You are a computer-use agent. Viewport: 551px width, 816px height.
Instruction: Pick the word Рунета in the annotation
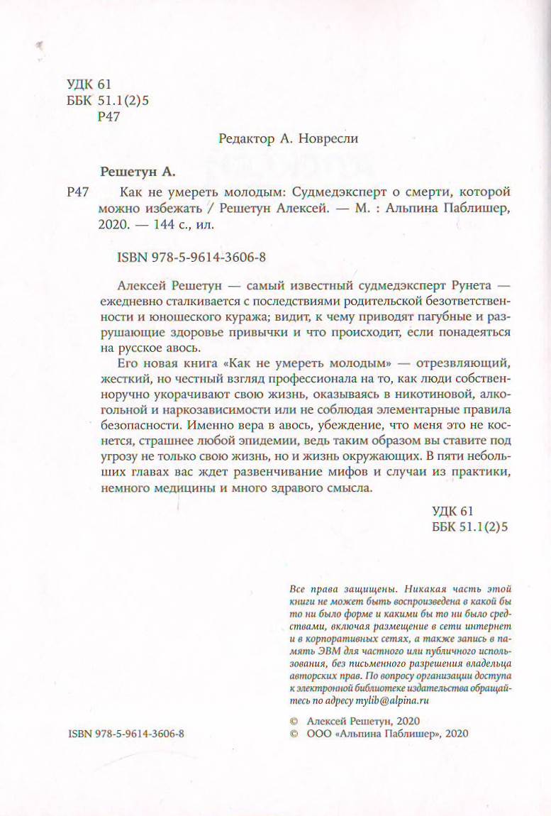click(x=450, y=282)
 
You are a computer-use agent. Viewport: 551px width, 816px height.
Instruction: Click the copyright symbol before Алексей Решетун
click(x=295, y=719)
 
